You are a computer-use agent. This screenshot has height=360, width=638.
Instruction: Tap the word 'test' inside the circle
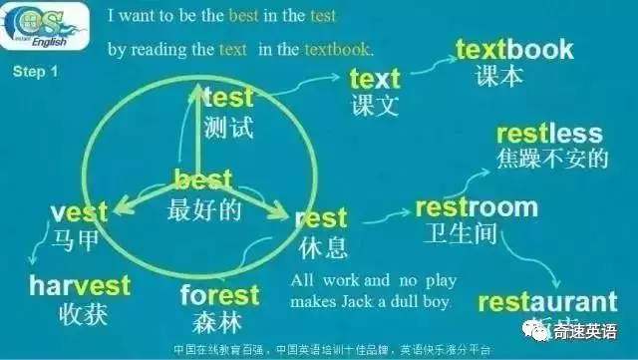[x=228, y=98]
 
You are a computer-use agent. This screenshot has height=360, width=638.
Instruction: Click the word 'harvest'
[x=80, y=286]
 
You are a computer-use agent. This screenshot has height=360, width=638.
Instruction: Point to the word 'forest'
[x=219, y=296]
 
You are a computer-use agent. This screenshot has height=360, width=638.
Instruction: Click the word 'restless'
[x=549, y=133]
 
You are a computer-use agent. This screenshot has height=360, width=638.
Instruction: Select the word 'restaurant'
[x=547, y=302]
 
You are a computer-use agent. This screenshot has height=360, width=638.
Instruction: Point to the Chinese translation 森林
[x=217, y=323]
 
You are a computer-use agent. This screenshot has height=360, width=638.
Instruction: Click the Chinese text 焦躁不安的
[x=551, y=158]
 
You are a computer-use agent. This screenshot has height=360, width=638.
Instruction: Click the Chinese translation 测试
[x=227, y=127]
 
